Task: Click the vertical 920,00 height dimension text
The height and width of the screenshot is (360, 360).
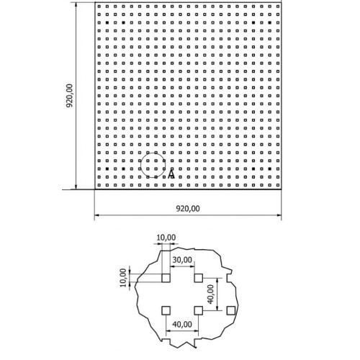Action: click(69, 96)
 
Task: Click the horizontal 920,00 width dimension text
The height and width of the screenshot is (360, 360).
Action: click(188, 209)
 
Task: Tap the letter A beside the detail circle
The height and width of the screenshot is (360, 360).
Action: click(171, 174)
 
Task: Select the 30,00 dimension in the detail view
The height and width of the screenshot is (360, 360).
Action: click(182, 260)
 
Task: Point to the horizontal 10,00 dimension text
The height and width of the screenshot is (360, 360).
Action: click(166, 238)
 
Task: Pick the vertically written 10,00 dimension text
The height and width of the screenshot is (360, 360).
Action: click(123, 278)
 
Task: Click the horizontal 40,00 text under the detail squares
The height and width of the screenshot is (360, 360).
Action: click(182, 325)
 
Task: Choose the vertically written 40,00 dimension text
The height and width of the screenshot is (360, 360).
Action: click(210, 294)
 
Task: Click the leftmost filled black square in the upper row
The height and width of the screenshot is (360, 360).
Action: click(107, 22)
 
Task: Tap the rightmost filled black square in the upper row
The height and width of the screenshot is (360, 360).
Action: click(270, 22)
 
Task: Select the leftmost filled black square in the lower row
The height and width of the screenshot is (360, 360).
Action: click(107, 169)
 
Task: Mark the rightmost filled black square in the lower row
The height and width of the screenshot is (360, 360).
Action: click(270, 169)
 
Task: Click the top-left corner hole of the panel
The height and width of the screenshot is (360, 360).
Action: click(99, 6)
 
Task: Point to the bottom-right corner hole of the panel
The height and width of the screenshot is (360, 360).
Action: click(278, 185)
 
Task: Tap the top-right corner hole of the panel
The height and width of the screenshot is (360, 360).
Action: click(278, 6)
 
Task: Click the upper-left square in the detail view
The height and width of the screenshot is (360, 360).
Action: click(166, 278)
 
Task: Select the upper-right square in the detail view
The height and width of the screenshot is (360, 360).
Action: click(199, 278)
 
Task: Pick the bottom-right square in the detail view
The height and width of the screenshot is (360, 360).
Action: click(231, 310)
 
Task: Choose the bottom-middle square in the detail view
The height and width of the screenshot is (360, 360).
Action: click(199, 310)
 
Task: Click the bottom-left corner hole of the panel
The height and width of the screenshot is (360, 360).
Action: click(99, 185)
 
